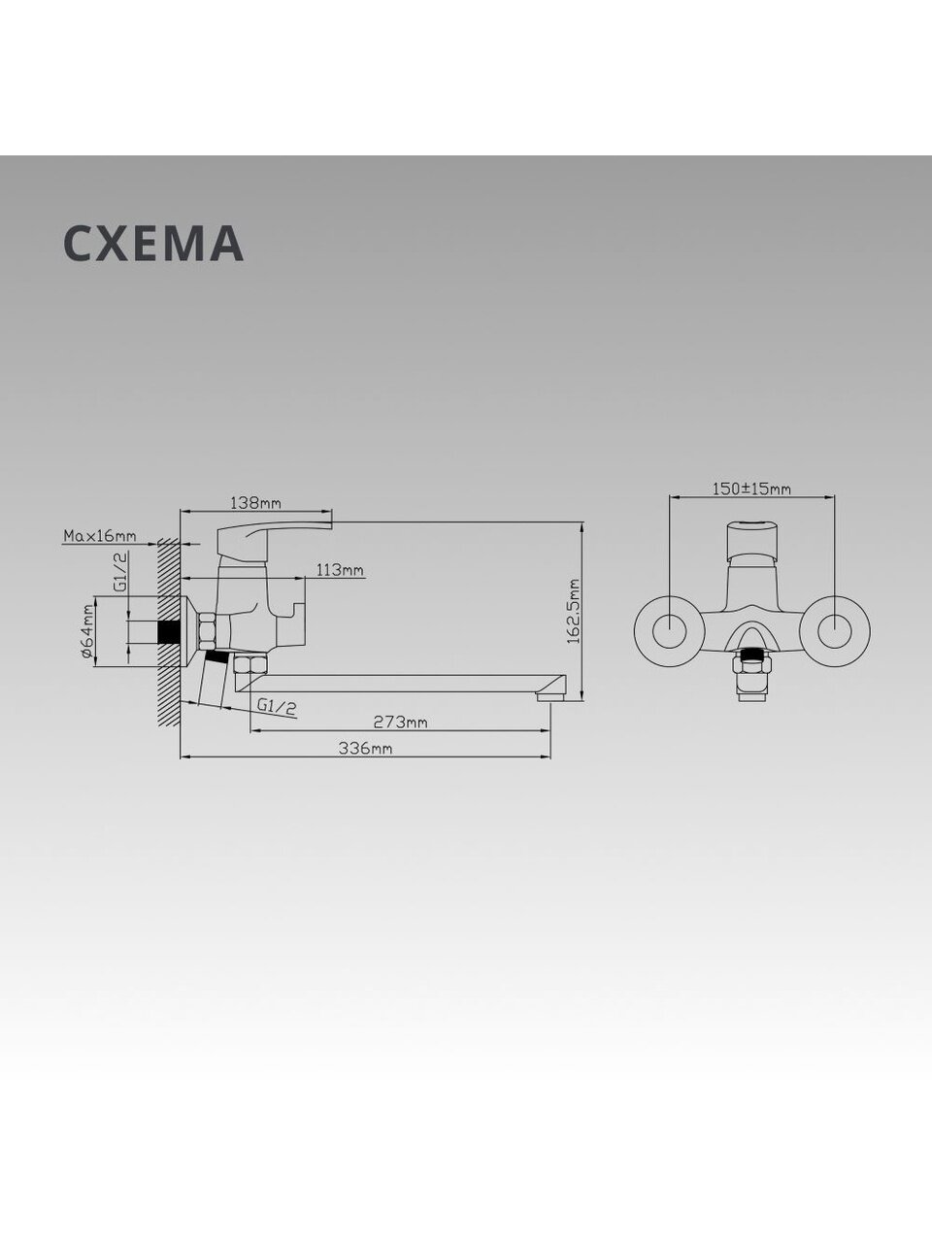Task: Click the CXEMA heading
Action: click(153, 243)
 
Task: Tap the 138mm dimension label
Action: click(255, 502)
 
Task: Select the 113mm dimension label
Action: click(340, 570)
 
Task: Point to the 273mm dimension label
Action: click(401, 722)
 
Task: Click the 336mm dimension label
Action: click(366, 748)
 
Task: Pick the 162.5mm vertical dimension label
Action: click(575, 611)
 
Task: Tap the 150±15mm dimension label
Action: click(751, 488)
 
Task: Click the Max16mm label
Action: click(100, 535)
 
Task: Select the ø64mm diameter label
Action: click(87, 631)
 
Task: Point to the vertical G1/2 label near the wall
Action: click(120, 572)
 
